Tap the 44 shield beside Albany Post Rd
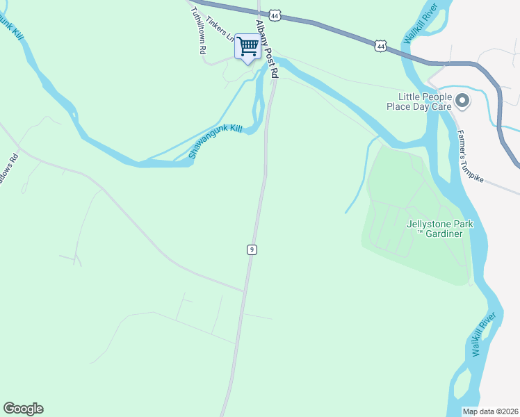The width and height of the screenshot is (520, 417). tap(275, 15)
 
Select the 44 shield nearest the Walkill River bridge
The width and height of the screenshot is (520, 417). tap(380, 45)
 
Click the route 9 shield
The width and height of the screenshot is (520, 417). tap(252, 249)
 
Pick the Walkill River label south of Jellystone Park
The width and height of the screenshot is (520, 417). tap(484, 334)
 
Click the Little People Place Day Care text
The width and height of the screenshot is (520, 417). tap(425, 102)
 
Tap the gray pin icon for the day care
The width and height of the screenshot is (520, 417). tap(462, 102)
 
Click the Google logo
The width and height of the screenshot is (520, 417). tap(23, 409)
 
